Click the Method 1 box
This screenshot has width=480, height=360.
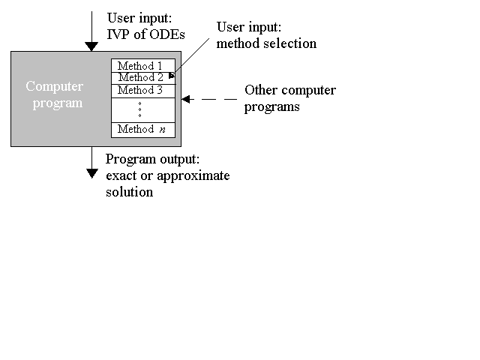pyautogui.click(x=143, y=65)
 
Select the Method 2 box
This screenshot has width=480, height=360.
pyautogui.click(x=143, y=78)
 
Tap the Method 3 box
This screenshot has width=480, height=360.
pyautogui.click(x=143, y=91)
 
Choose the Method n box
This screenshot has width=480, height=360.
pyautogui.click(x=143, y=130)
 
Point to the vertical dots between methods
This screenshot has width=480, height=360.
pyautogui.click(x=140, y=109)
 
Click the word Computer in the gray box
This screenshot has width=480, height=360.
pyautogui.click(x=55, y=86)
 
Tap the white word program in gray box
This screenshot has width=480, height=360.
pyautogui.click(x=58, y=103)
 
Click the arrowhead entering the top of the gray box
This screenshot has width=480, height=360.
pyautogui.click(x=91, y=46)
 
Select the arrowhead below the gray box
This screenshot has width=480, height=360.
pyautogui.click(x=91, y=173)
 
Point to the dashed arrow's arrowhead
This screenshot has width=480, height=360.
pyautogui.click(x=186, y=99)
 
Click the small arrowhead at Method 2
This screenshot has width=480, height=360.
pyautogui.click(x=172, y=75)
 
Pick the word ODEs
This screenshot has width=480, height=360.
pyautogui.click(x=166, y=34)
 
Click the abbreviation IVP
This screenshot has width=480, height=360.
pyautogui.click(x=118, y=34)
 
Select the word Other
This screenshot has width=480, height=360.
pyautogui.click(x=262, y=90)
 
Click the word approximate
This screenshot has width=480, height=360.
pyautogui.click(x=193, y=176)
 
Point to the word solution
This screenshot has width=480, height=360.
pyautogui.click(x=130, y=192)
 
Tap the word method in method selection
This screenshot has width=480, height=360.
pyautogui.click(x=238, y=43)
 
